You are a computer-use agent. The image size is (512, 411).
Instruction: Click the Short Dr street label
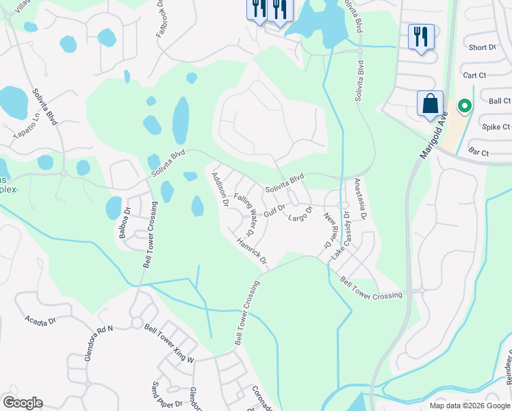tap(483, 47)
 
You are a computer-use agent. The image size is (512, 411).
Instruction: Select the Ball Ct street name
tap(500, 101)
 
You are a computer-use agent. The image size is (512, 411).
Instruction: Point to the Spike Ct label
tap(496, 127)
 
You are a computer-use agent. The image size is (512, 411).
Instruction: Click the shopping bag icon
tap(430, 103)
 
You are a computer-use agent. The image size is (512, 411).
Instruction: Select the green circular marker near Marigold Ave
tap(464, 106)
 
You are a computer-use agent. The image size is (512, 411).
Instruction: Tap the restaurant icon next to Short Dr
tap(420, 36)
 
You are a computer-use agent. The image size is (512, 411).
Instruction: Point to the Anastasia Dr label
tap(359, 199)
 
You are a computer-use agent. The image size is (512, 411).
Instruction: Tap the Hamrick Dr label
tap(251, 251)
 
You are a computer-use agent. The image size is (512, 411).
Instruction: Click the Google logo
tap(23, 402)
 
